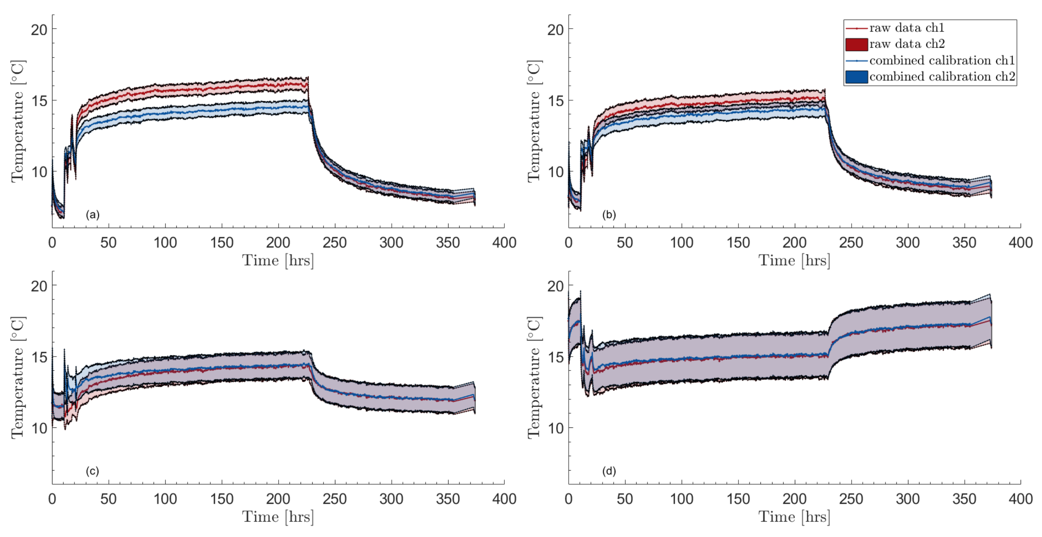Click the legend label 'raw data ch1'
pos(906,28)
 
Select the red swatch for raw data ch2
pos(856,44)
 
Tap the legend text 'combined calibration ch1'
pos(942,60)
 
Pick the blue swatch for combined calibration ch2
pos(856,76)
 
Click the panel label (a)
pos(92,215)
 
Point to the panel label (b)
pos(609,215)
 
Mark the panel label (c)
pos(92,471)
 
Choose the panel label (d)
pos(609,471)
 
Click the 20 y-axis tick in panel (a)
pos(39,29)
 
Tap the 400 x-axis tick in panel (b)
pos(1020,243)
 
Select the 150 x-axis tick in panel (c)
pos(222,499)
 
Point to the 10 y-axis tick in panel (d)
pos(555,428)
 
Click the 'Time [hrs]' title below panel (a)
pos(278,260)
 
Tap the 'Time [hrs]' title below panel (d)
pos(794,517)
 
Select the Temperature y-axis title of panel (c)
pos(18,377)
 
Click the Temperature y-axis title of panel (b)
pos(534,121)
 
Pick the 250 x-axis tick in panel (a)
pos(335,243)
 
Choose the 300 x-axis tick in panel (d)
pos(907,499)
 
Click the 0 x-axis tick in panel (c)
pos(52,499)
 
